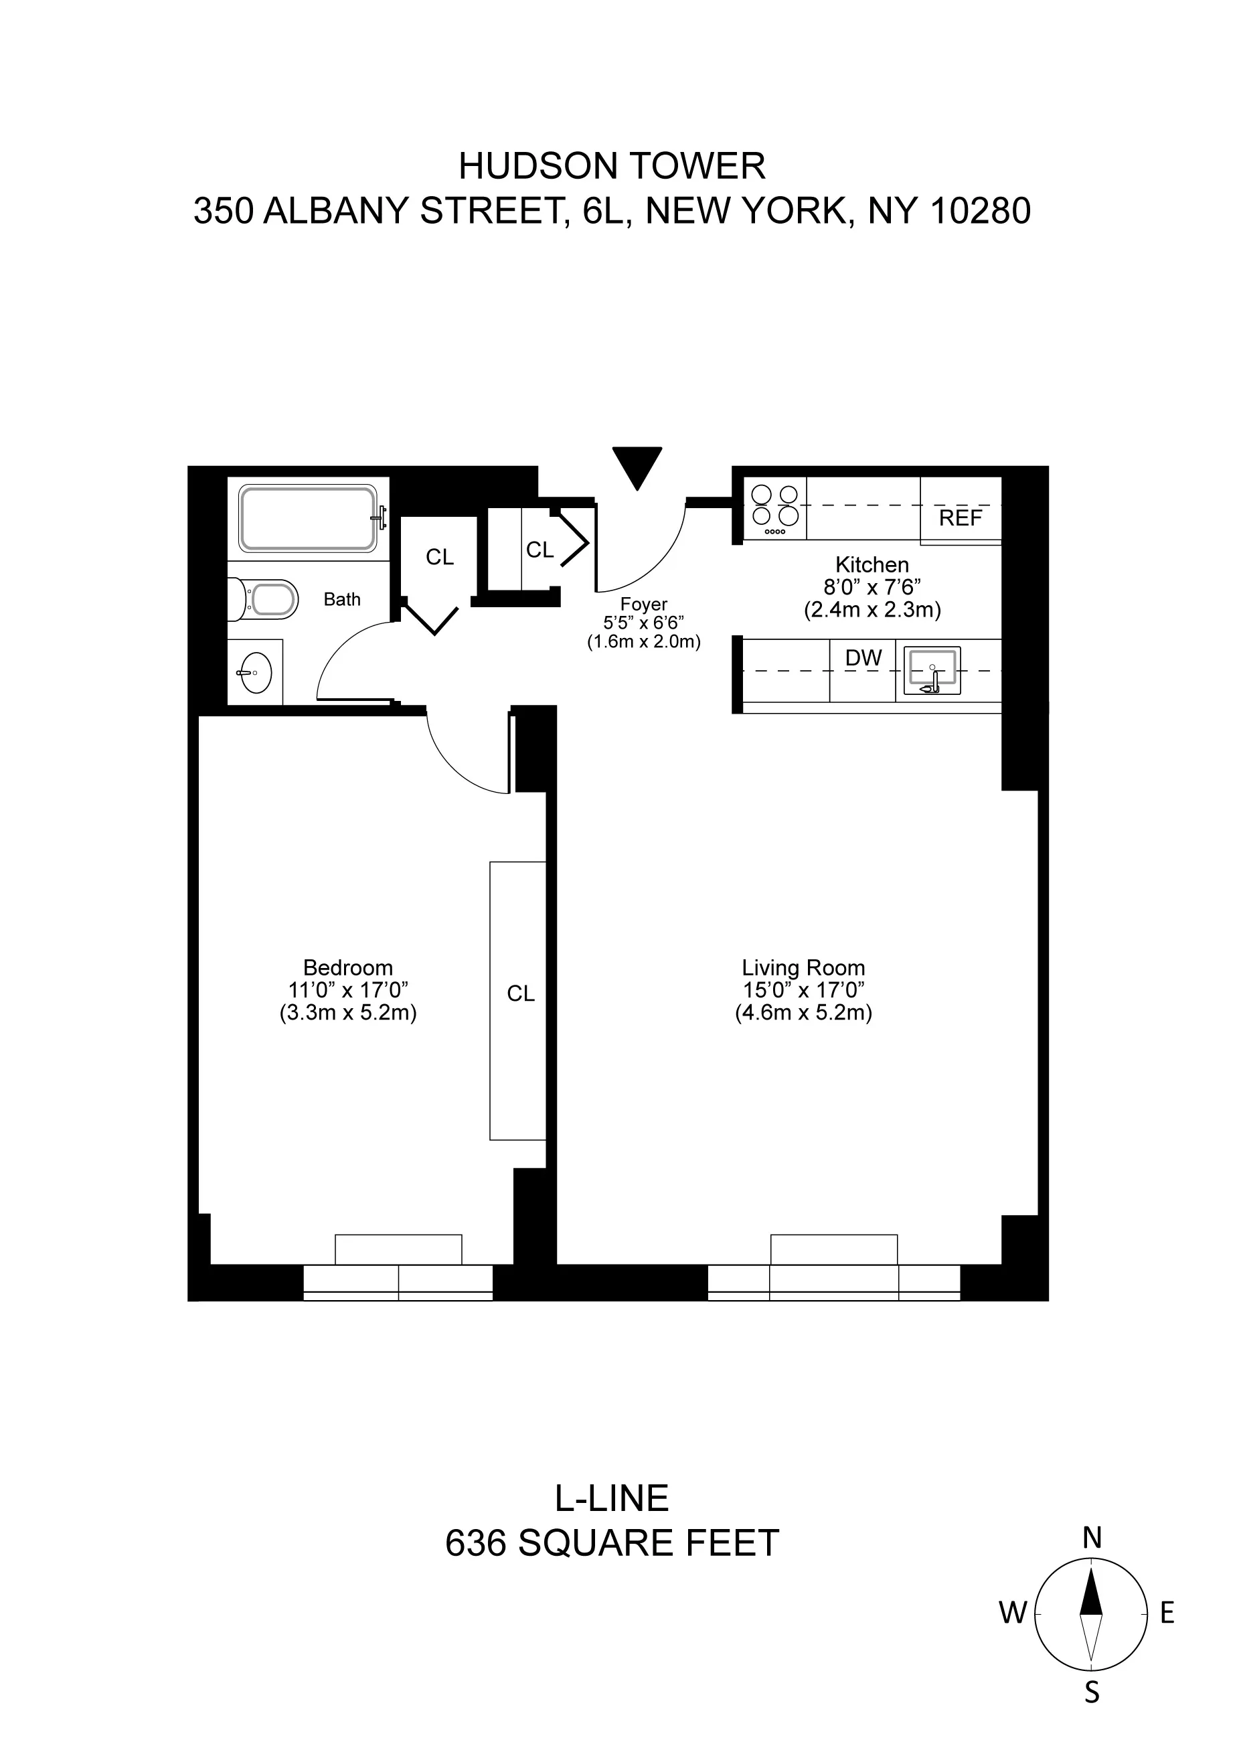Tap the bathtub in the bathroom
pyautogui.click(x=308, y=517)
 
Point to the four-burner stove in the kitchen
pyautogui.click(x=774, y=507)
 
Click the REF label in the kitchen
pyautogui.click(x=960, y=518)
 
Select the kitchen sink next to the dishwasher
pyautogui.click(x=932, y=670)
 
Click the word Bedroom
pyautogui.click(x=347, y=968)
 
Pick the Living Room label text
pyautogui.click(x=803, y=968)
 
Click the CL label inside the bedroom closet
pyautogui.click(x=521, y=994)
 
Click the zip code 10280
pyautogui.click(x=980, y=211)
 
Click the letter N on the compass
pyautogui.click(x=1092, y=1538)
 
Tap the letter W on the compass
pyautogui.click(x=1012, y=1613)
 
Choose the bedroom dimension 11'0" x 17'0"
pyautogui.click(x=347, y=990)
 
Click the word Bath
pyautogui.click(x=341, y=600)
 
